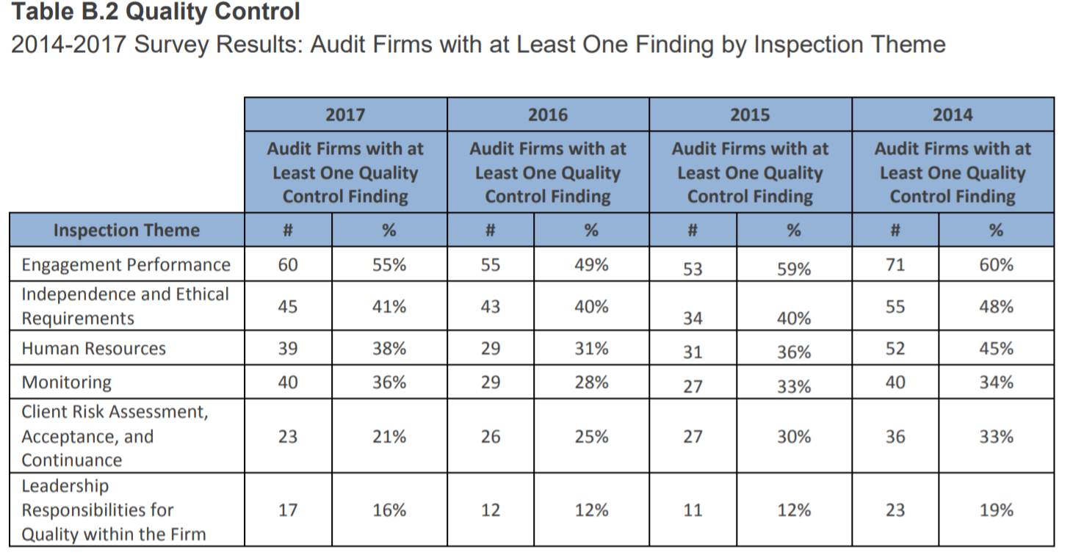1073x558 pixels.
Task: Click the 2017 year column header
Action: tap(345, 115)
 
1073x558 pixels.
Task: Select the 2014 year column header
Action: tap(953, 115)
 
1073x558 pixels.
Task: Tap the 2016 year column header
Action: tap(548, 115)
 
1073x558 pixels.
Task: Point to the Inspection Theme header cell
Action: tap(126, 230)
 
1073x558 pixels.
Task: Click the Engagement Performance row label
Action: tap(126, 264)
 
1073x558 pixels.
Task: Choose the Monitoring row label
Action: tap(67, 382)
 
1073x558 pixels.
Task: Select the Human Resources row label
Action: tap(94, 349)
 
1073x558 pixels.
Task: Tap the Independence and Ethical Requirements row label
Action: tap(125, 306)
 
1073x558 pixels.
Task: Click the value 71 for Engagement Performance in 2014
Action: tap(895, 264)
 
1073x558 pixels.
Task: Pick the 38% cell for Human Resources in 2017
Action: tap(389, 349)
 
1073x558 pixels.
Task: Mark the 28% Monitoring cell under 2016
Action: tap(591, 382)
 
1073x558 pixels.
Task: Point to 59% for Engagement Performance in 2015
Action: tap(794, 269)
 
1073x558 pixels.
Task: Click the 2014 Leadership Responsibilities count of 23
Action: tap(895, 510)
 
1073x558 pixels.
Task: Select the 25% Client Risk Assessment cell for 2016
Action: tap(591, 437)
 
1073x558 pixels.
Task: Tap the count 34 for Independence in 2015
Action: tap(693, 319)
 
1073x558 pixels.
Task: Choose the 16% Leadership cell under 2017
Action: tap(389, 510)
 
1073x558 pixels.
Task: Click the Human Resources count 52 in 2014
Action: tap(895, 349)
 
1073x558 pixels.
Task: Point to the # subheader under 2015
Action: tap(693, 230)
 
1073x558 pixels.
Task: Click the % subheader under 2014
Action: tap(996, 230)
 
